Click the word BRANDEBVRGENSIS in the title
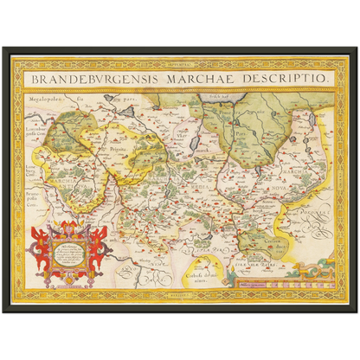[89, 78]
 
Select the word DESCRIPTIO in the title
[282, 78]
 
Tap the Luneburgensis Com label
[39, 132]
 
